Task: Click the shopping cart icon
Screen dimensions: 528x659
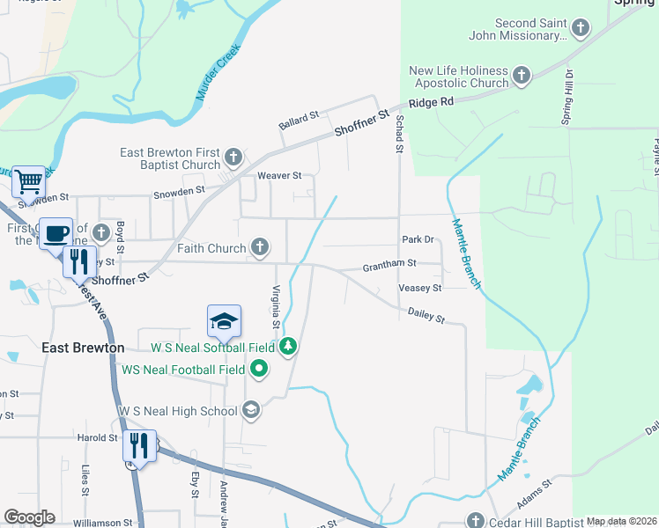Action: point(29,182)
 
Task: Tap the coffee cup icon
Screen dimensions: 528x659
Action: point(57,234)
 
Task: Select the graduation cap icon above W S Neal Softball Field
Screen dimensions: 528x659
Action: point(224,321)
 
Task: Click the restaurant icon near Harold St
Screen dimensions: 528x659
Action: point(139,445)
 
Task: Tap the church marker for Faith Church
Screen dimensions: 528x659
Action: point(260,248)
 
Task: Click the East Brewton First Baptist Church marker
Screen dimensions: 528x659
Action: point(233,158)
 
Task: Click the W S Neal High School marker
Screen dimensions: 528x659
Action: point(251,410)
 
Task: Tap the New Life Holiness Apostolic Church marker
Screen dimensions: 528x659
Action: point(521,77)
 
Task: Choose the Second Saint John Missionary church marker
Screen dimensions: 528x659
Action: point(580,29)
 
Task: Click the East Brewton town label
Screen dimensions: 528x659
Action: point(83,348)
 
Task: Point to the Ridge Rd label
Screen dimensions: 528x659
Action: point(431,102)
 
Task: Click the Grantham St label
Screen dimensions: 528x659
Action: point(389,263)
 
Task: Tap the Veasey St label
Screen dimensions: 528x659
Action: point(419,288)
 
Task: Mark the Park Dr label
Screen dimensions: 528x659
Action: point(418,239)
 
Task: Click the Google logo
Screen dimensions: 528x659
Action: point(29,517)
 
